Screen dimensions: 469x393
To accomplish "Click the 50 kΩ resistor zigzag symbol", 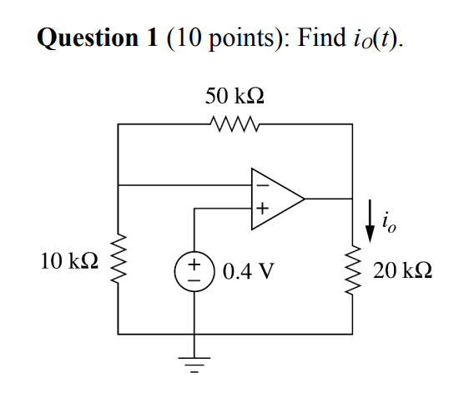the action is [234, 123].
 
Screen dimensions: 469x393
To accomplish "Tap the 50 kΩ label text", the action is [234, 96].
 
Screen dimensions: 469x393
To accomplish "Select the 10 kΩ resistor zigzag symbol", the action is [119, 258].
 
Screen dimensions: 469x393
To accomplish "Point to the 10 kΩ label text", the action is [69, 261].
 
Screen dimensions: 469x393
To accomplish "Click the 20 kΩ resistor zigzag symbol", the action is [352, 270].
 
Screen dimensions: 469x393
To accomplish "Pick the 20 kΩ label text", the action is [402, 270].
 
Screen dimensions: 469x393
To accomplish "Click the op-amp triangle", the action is [278, 199].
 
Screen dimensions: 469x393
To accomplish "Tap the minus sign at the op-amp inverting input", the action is [263, 186].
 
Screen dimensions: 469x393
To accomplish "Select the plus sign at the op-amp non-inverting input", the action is [263, 207].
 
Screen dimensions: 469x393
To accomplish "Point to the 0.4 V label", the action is [249, 270].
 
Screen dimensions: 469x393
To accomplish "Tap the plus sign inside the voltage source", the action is [194, 264].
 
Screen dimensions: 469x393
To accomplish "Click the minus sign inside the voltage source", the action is [194, 280].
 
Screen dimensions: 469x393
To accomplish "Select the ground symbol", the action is [194, 365].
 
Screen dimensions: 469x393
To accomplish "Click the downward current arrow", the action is [370, 221].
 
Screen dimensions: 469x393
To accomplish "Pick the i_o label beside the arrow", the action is [389, 222].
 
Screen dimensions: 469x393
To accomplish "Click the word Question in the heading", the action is [88, 38].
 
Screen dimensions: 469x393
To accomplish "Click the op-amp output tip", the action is [305, 199].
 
